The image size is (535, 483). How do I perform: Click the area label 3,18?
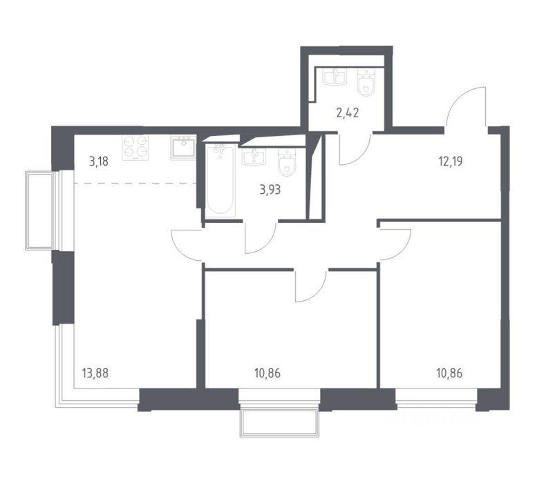99,161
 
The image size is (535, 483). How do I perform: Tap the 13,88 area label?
95,373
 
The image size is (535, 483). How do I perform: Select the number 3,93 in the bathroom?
270,190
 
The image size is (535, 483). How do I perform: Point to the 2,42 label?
348,112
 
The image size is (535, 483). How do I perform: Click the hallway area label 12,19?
451,161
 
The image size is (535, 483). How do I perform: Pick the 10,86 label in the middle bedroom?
267,373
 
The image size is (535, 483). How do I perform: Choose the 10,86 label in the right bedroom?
449,373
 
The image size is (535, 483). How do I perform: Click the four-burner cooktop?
135,148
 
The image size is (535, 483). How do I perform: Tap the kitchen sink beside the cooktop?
183,148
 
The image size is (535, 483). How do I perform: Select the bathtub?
220,181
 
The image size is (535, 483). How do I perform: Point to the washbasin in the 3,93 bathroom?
254,157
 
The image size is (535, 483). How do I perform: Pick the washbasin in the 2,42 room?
335,77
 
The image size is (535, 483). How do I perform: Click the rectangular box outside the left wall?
40,210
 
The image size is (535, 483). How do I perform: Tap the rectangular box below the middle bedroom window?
280,423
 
